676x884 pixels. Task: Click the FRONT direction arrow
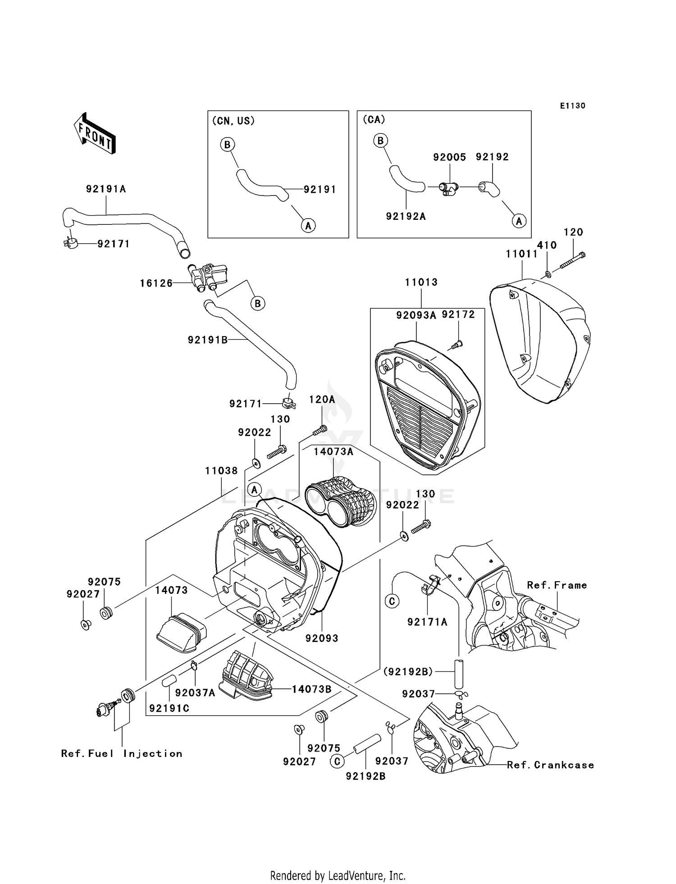(95, 134)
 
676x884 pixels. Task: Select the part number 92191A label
(106, 189)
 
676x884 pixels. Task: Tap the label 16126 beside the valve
(156, 283)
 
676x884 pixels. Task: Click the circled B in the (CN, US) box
(227, 145)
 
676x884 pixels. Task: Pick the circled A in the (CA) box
(519, 221)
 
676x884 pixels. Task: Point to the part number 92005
(449, 157)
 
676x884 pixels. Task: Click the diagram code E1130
(572, 105)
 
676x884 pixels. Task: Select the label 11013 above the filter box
(421, 282)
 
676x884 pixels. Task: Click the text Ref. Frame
(557, 585)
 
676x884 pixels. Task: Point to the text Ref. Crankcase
(550, 765)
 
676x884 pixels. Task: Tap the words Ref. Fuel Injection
(122, 753)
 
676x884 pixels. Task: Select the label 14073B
(311, 689)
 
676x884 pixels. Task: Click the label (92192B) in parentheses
(408, 672)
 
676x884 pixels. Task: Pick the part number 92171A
(427, 622)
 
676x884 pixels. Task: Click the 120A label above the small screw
(322, 399)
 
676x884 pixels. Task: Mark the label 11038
(221, 471)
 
